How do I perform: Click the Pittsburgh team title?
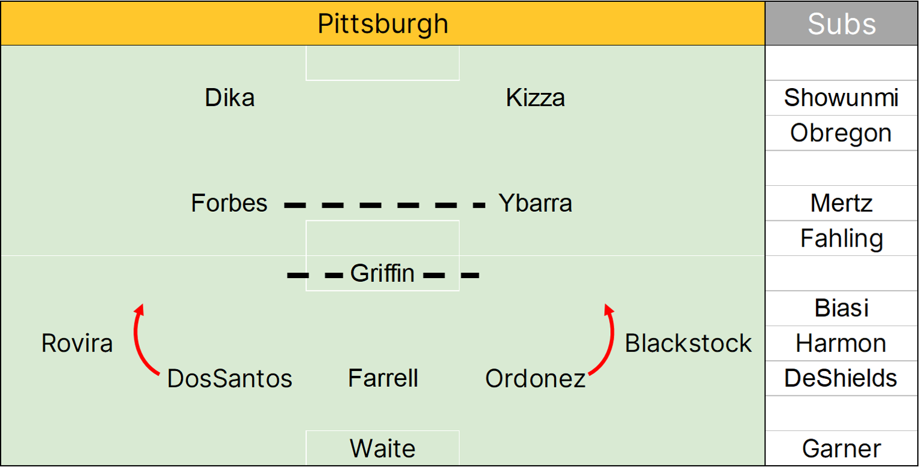(383, 24)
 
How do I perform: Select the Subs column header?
(842, 24)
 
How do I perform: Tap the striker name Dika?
(230, 98)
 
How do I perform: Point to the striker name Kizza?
(535, 98)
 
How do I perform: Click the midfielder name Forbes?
(229, 203)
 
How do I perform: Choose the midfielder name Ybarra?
(535, 203)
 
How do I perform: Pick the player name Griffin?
(382, 274)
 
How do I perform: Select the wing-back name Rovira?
(77, 343)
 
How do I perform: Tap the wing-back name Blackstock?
(688, 343)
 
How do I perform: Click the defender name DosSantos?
(230, 379)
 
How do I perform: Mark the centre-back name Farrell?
(383, 379)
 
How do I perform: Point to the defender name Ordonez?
(535, 379)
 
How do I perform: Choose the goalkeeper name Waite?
(383, 449)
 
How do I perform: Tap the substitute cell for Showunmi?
(842, 98)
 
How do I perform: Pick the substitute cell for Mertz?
(842, 203)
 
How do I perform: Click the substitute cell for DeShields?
(842, 378)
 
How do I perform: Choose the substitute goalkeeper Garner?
(842, 449)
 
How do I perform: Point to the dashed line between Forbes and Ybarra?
(385, 206)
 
